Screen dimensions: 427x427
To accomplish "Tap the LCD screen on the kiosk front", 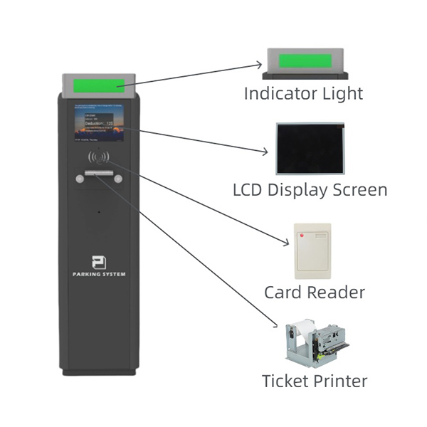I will click(101, 125).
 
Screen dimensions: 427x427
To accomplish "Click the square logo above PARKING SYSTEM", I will click(98, 261).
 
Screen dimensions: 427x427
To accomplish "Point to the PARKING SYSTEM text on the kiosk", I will click(98, 274).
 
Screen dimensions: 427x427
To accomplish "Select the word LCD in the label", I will click(248, 190).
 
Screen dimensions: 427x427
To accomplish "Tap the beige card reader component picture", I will click(312, 251).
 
